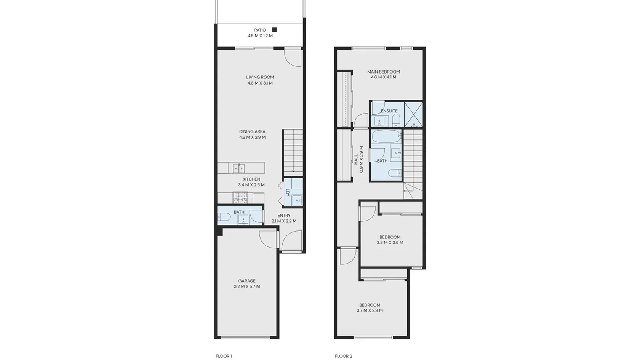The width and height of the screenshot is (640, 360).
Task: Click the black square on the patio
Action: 274,29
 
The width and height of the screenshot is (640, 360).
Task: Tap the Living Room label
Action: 260,77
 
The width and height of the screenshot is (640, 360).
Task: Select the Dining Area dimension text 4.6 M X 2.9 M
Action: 252,137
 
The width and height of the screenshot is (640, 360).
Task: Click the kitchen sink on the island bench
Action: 238,168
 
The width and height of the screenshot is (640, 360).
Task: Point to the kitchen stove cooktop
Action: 240,197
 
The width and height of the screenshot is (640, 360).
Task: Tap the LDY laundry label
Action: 287,192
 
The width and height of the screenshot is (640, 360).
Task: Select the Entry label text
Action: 284,216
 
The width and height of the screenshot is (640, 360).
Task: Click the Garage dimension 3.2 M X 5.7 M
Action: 247,286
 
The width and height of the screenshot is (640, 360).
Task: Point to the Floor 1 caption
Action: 224,356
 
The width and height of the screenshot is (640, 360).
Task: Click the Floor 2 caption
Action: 344,356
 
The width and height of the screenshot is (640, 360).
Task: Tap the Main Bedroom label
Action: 383,72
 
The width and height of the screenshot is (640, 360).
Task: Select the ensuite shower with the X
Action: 413,114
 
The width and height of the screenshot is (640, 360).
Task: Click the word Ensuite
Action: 389,111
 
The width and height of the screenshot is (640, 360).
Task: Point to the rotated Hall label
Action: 356,159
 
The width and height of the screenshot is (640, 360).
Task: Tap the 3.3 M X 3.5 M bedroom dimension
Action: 390,243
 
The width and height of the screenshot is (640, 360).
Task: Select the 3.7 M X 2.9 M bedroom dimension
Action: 370,310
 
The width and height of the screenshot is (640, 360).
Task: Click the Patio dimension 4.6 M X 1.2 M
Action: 260,36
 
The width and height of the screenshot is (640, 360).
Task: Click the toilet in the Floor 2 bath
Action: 395,173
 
